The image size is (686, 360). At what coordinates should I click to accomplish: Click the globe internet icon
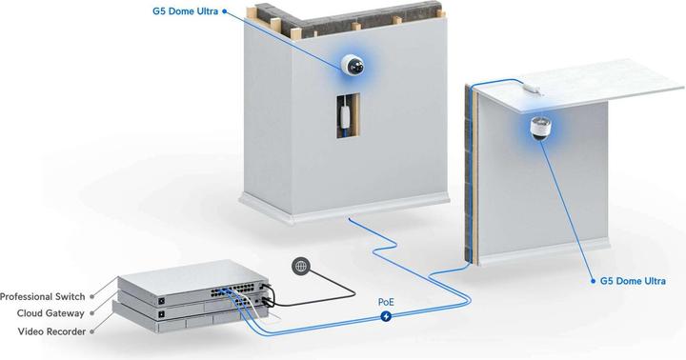[300, 267]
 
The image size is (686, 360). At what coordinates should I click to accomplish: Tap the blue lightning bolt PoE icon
[386, 316]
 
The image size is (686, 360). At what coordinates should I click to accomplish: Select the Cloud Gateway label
[50, 313]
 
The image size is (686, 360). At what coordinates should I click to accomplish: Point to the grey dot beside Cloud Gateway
[94, 313]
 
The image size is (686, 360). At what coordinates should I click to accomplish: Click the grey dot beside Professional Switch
[94, 296]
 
